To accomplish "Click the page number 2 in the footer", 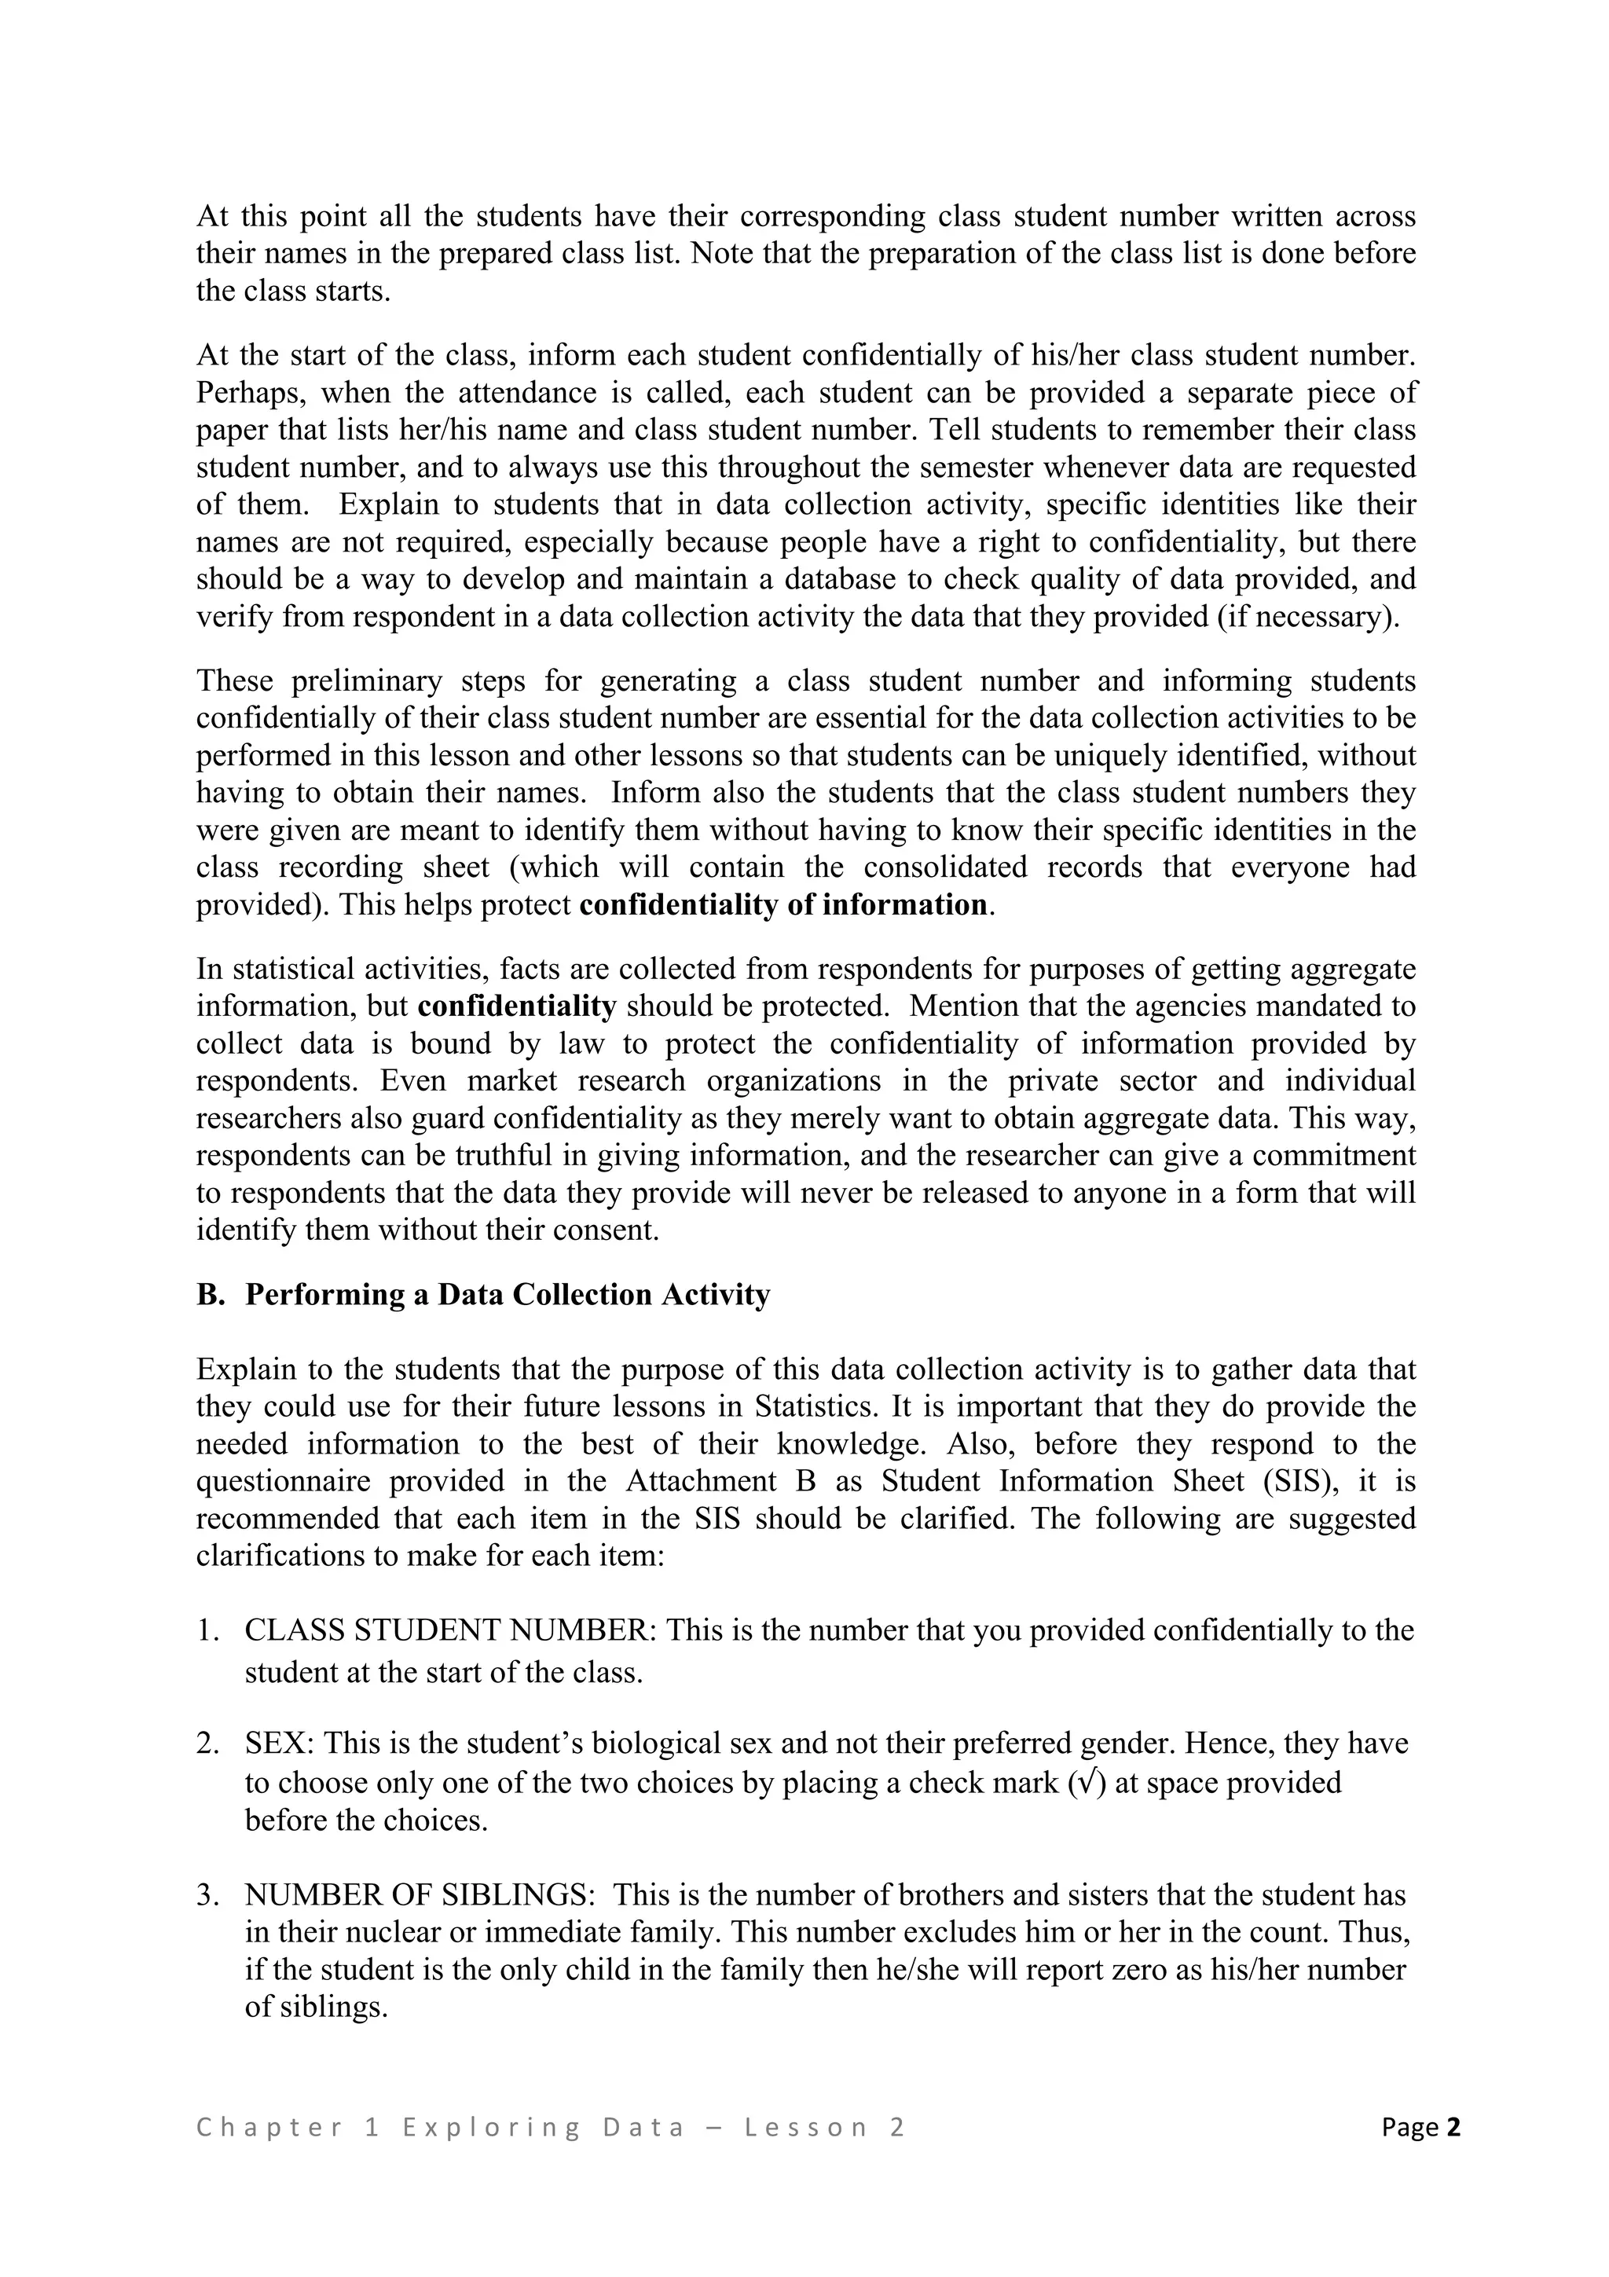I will coord(1453,2127).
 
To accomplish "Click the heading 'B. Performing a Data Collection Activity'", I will coord(483,1294).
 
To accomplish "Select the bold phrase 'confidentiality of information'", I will coord(783,904).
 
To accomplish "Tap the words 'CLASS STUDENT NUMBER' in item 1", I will coord(452,1630).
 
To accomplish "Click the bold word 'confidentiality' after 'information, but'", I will coord(516,1006).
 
